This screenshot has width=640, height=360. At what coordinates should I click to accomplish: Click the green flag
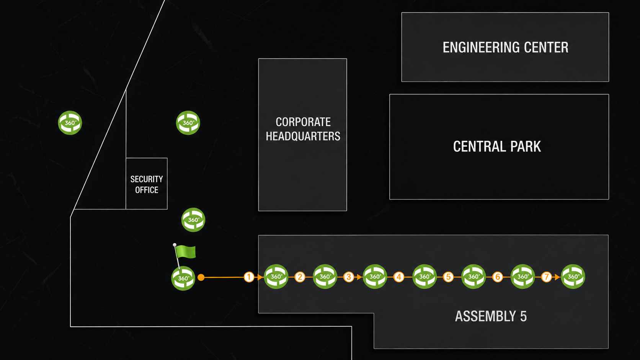tap(185, 252)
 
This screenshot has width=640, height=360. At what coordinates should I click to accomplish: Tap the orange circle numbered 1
tap(249, 277)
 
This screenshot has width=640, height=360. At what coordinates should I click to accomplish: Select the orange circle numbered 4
tap(399, 277)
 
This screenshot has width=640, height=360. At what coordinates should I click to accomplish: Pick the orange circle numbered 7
tap(547, 277)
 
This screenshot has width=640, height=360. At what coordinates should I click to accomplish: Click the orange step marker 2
tap(300, 277)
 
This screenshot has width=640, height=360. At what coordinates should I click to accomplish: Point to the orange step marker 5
tap(448, 277)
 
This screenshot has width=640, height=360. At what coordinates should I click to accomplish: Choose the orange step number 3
tap(349, 277)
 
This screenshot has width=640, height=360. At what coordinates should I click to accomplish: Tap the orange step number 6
tap(498, 277)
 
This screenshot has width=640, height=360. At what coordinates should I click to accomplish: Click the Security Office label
tap(147, 184)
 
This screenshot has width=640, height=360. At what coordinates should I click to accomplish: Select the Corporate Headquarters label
tap(303, 129)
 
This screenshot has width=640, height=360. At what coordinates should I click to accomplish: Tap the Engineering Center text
tap(505, 47)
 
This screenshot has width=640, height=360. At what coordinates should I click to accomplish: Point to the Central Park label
tap(497, 147)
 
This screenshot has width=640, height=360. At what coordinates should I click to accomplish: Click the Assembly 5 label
tap(491, 316)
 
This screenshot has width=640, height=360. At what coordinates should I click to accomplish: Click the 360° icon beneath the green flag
tap(183, 279)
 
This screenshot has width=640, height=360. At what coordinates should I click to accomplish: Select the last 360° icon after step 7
tap(573, 277)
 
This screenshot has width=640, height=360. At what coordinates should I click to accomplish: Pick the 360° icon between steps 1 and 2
tap(276, 277)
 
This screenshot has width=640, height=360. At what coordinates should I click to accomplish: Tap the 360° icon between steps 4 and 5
tap(424, 277)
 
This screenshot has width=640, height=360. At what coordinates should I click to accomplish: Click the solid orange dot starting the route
tap(201, 277)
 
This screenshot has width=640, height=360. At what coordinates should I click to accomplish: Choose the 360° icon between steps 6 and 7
tap(522, 277)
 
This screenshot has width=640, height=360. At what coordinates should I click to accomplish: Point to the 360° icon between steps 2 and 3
tap(325, 277)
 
